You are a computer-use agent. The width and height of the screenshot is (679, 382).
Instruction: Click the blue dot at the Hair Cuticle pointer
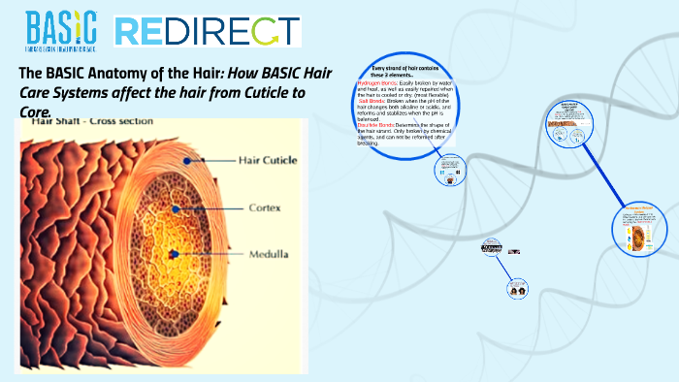201,158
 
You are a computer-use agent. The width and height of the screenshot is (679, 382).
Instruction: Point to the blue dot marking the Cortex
177,208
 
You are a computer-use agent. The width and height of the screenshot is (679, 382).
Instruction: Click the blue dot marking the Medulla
173,255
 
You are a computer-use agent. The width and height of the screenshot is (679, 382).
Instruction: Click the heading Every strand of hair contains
406,70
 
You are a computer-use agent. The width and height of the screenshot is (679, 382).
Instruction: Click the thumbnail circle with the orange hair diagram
640,230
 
